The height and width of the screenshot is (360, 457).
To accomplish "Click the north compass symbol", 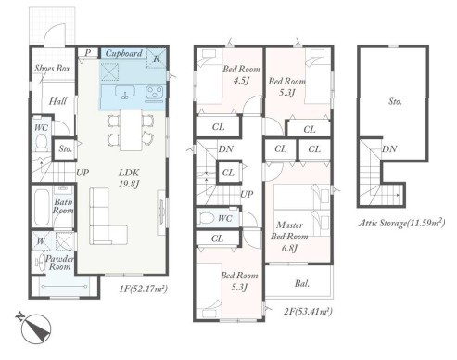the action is tap(33, 328).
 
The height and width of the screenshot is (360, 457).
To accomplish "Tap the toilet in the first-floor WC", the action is tap(41, 143).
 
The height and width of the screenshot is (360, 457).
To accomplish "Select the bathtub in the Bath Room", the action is tap(42, 207).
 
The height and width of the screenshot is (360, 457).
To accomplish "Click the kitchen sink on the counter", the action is tap(125, 92).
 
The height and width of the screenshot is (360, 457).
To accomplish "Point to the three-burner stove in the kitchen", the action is tap(154, 93).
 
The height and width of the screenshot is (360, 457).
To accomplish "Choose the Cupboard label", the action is tap(123, 53).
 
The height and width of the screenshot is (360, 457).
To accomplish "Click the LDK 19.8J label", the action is tap(129, 178).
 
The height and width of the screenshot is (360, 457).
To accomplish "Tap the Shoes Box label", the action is tap(52, 68).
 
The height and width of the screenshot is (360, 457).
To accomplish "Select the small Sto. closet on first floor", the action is tap(65, 148).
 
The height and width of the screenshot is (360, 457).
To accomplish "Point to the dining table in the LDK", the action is tap(131, 130).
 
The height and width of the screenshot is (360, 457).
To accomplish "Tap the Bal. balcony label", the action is tap(301, 283).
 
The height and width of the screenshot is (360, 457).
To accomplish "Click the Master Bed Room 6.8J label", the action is tap(289, 237).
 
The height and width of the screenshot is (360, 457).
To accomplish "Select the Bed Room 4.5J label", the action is tap(241, 74).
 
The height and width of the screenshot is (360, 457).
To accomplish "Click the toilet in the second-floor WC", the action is tap(205, 218).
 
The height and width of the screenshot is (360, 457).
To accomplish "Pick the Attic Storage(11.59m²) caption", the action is tap(401, 223).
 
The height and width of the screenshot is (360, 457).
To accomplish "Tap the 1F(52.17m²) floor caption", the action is tap(143, 289).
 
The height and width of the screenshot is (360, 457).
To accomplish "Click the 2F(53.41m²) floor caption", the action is tap(308, 312).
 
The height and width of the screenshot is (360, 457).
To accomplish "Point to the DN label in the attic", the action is tap(389, 149).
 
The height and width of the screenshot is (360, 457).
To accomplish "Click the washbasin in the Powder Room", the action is tap(39, 263).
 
